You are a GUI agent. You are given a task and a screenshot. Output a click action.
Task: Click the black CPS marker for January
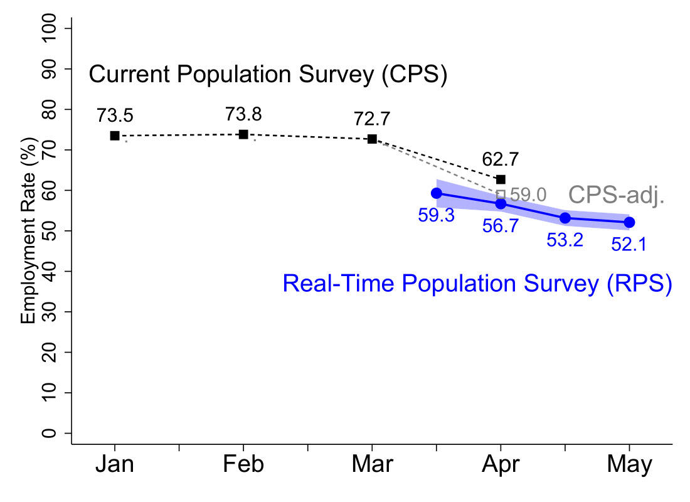pos(115,136)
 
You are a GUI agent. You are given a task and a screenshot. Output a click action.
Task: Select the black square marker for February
pos(243,134)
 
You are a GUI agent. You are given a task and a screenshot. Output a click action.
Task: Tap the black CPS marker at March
pos(372,139)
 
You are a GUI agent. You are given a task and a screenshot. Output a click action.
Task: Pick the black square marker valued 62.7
pos(501,179)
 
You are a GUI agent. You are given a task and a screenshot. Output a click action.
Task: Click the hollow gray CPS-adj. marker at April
pos(501,195)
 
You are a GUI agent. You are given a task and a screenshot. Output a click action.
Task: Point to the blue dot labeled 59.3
pos(437,193)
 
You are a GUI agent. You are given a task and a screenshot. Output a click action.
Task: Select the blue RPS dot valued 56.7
pos(501,204)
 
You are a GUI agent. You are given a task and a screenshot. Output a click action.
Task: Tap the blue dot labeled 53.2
pos(565,218)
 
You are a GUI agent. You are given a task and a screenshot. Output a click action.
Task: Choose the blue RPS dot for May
pos(629,222)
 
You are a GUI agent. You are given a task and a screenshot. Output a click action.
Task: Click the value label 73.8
pos(243,114)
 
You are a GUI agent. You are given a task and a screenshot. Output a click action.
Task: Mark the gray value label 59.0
pos(529,195)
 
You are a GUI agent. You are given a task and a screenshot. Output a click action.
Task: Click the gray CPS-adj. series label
pos(616,196)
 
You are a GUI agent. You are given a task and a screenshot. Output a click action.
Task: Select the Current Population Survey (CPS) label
pos(268,75)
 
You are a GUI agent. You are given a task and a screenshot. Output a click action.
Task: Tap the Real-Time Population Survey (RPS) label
pos(477,284)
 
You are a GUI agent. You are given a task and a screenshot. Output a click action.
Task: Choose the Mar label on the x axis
pos(372,465)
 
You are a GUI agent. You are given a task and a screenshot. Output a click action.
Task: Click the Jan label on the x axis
pos(115,465)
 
